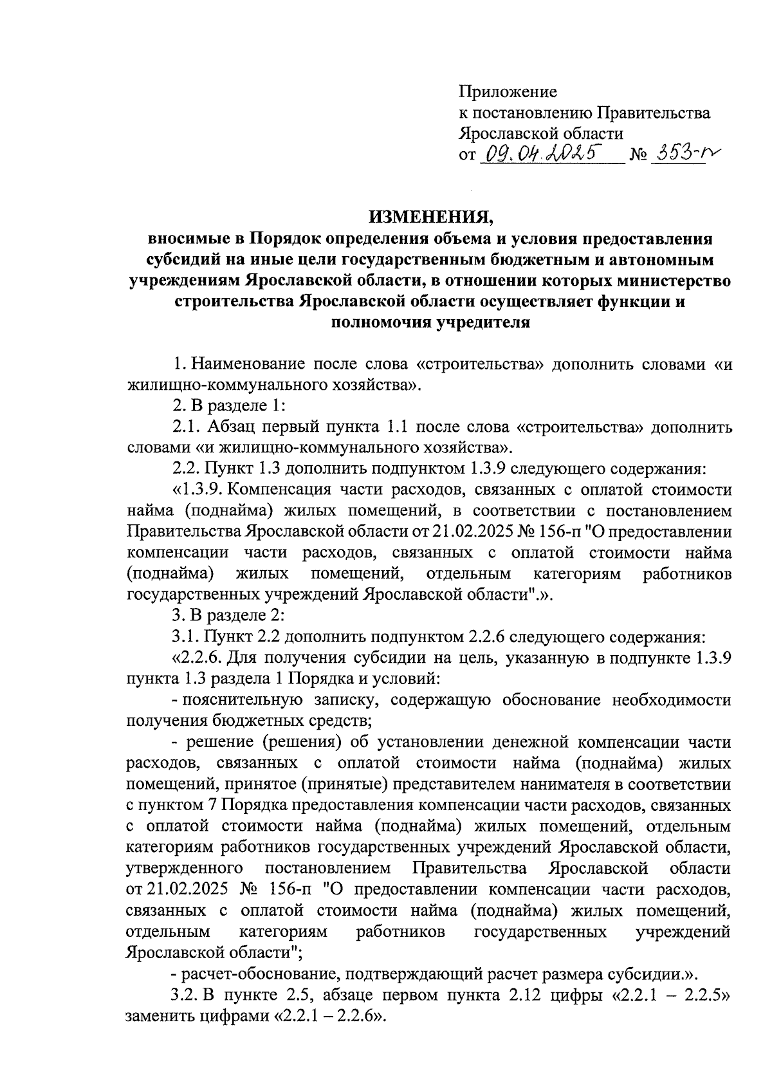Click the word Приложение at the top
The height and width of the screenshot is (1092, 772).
point(508,92)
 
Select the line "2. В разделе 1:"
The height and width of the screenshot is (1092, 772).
point(228,406)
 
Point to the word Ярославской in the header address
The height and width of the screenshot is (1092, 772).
point(502,134)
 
